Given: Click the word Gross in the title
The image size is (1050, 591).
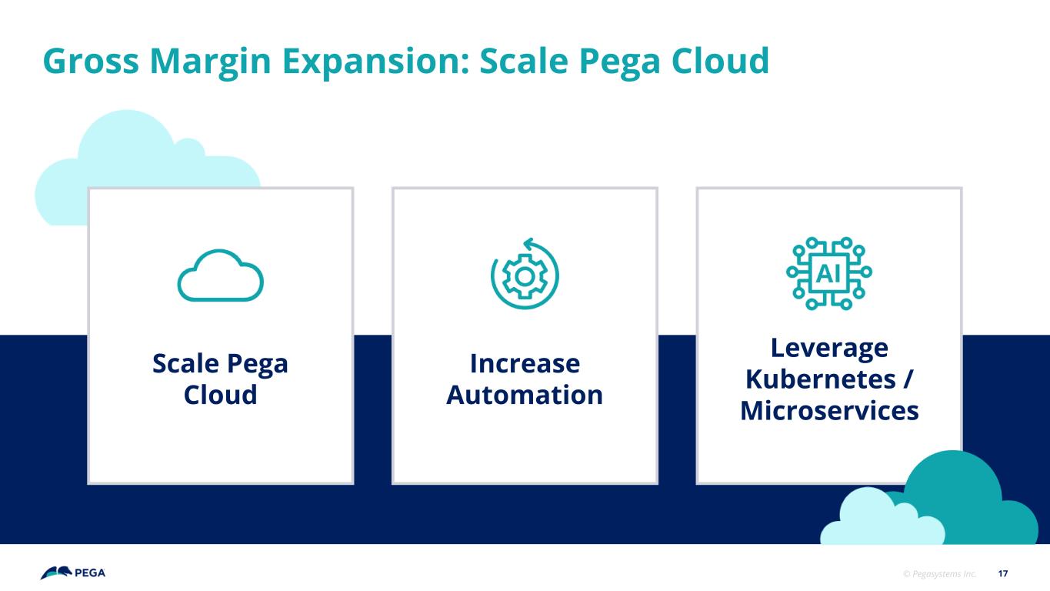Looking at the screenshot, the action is click(91, 61).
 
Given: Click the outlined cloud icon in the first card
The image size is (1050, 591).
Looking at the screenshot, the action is click(220, 275).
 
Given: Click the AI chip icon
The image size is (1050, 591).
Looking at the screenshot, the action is click(828, 273).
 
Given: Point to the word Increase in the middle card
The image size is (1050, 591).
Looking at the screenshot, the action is click(525, 363).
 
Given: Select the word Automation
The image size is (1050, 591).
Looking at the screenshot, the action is click(525, 395).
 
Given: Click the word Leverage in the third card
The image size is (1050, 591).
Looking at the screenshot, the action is click(829, 349).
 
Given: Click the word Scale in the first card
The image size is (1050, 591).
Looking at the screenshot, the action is click(185, 363).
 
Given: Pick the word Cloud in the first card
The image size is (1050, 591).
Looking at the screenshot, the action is click(220, 395).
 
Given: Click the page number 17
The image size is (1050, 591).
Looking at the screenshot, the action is click(1002, 573).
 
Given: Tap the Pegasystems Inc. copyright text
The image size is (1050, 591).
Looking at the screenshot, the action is click(939, 573).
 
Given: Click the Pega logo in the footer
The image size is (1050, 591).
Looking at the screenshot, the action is click(72, 573).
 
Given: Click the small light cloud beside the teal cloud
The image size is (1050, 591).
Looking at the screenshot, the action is click(882, 519).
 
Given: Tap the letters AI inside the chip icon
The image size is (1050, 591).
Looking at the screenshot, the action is click(828, 273).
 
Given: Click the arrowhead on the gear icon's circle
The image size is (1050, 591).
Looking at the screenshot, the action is click(528, 245).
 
